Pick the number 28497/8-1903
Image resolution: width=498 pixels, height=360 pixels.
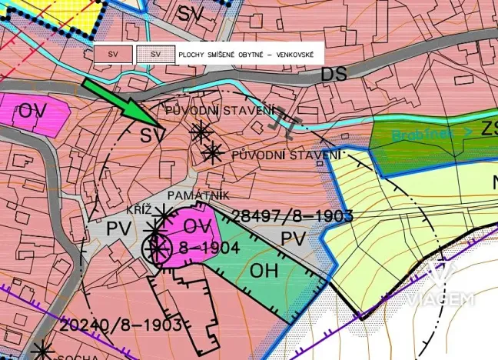tap(291, 216)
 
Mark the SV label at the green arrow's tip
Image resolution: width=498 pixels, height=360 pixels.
tap(153, 135)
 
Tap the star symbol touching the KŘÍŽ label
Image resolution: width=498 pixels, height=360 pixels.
tap(164, 213)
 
